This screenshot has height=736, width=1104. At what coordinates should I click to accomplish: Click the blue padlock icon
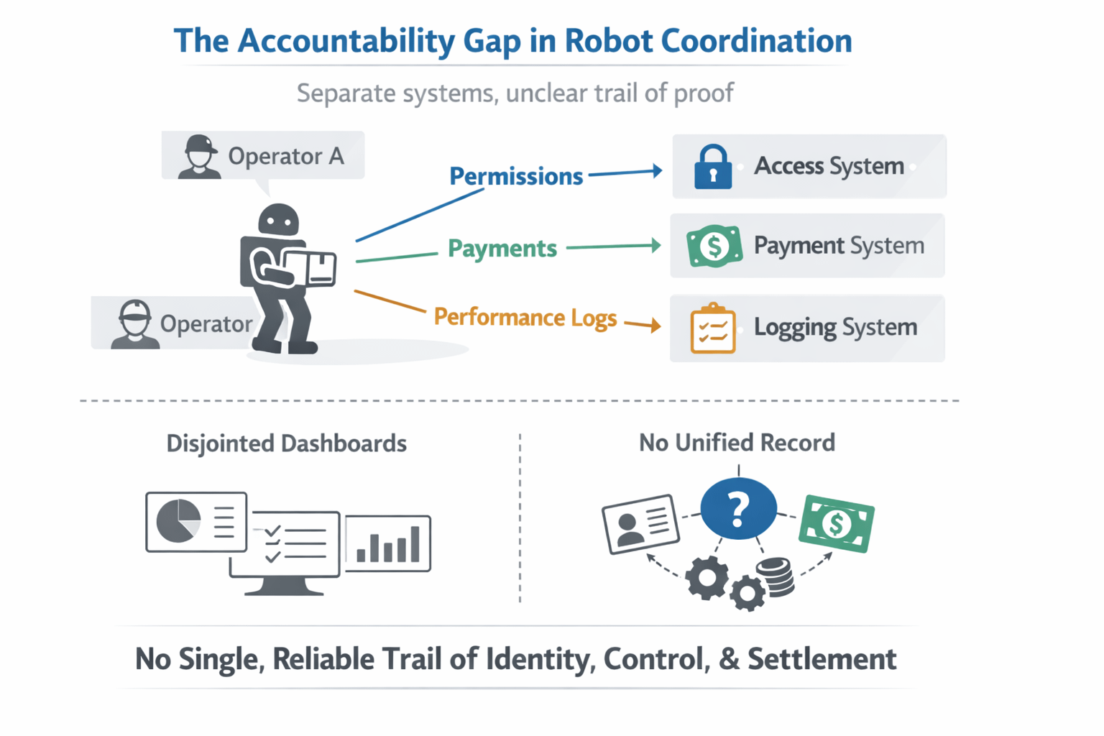click(x=712, y=167)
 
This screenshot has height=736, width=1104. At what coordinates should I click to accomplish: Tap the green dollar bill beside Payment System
click(x=714, y=246)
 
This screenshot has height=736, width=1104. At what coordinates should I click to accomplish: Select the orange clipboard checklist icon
click(x=712, y=329)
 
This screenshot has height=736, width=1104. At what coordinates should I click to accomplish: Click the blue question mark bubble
click(x=738, y=509)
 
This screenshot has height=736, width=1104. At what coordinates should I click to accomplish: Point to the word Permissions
click(x=515, y=176)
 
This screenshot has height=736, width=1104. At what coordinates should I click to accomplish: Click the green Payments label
click(x=502, y=249)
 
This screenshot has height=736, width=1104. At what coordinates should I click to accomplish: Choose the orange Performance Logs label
click(x=525, y=318)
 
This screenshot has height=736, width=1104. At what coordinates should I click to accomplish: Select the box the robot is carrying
click(x=313, y=267)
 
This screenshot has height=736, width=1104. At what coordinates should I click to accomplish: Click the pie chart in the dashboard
click(x=178, y=520)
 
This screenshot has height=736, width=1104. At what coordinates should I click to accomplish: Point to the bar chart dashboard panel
click(x=387, y=543)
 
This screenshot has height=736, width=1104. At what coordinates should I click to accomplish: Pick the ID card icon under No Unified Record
click(x=640, y=523)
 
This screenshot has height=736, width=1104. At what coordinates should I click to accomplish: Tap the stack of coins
click(x=778, y=577)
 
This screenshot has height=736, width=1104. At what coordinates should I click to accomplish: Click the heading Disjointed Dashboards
click(x=286, y=443)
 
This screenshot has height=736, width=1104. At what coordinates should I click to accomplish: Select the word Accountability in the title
click(x=346, y=41)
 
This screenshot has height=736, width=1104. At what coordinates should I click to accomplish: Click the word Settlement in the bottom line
click(x=822, y=659)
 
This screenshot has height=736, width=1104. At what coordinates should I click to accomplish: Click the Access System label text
click(x=828, y=166)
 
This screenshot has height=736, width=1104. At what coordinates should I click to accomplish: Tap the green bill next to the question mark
click(x=836, y=523)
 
